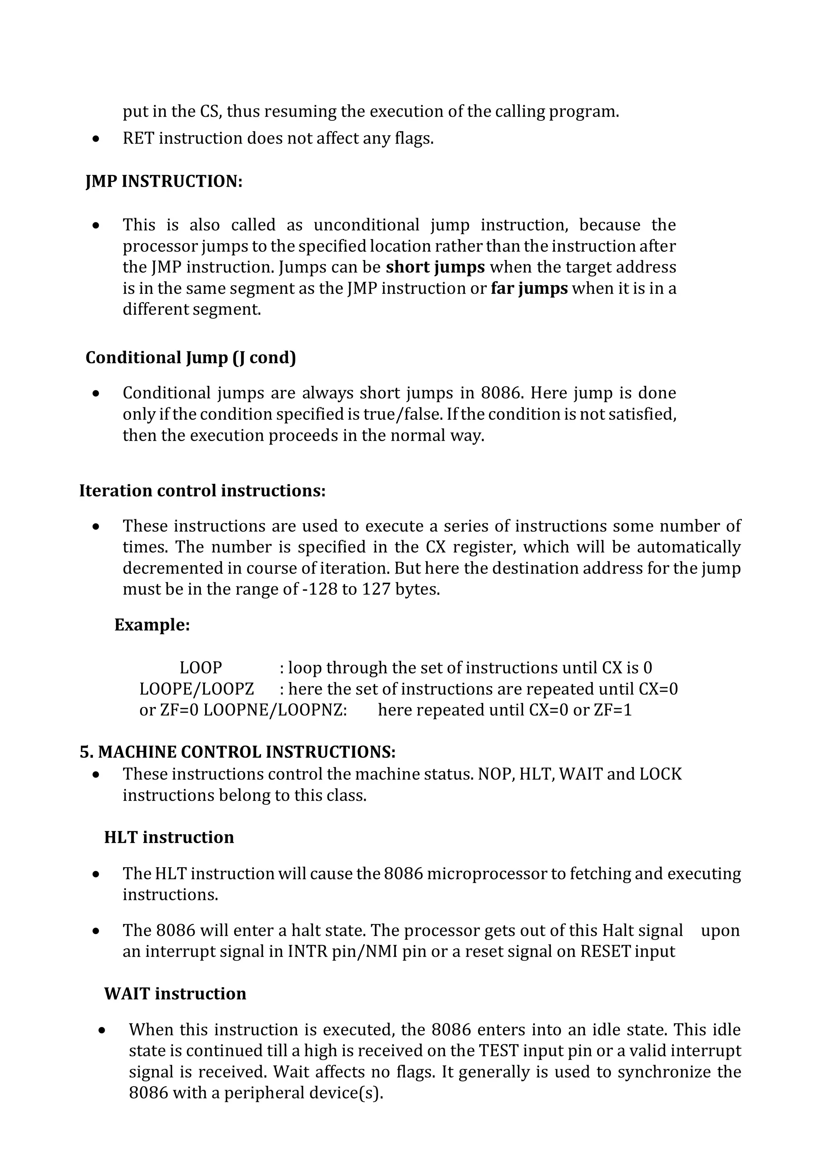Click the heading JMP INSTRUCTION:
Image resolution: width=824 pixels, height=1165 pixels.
point(164,181)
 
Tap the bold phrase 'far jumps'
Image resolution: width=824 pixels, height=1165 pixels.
point(529,288)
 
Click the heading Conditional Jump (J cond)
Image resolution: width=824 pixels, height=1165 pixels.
point(190,358)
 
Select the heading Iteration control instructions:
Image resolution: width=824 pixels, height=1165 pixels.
point(202,491)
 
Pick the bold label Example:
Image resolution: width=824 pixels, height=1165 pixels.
point(152,625)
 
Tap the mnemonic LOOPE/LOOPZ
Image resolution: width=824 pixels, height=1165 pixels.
point(196,689)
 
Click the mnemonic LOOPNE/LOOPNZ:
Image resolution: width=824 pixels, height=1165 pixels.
point(275,710)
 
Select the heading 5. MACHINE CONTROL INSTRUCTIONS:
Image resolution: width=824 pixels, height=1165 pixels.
point(237,752)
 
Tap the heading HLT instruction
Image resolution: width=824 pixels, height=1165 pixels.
point(169,837)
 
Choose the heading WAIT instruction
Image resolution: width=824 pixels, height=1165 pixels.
point(175,994)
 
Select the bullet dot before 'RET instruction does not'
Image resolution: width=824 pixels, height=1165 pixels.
point(96,139)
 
